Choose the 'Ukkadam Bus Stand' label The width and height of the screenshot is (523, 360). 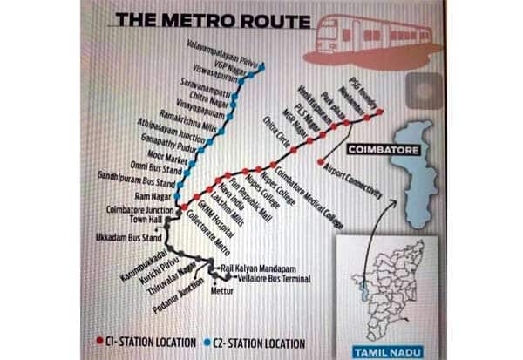(129, 238)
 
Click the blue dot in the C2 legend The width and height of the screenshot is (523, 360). (206, 343)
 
